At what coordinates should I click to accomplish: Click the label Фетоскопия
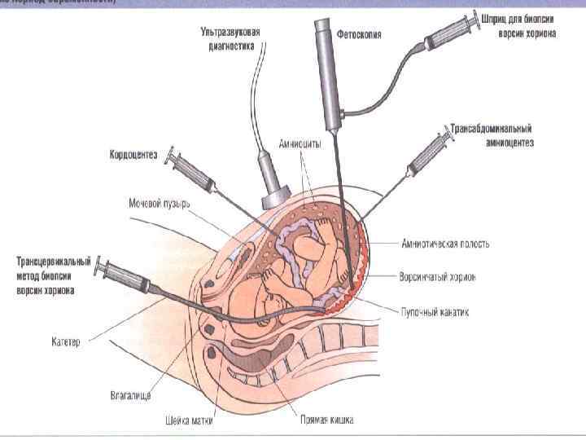(360, 35)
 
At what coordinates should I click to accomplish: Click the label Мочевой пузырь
(159, 202)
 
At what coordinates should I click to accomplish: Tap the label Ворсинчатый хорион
(438, 277)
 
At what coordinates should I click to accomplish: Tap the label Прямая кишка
(325, 420)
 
